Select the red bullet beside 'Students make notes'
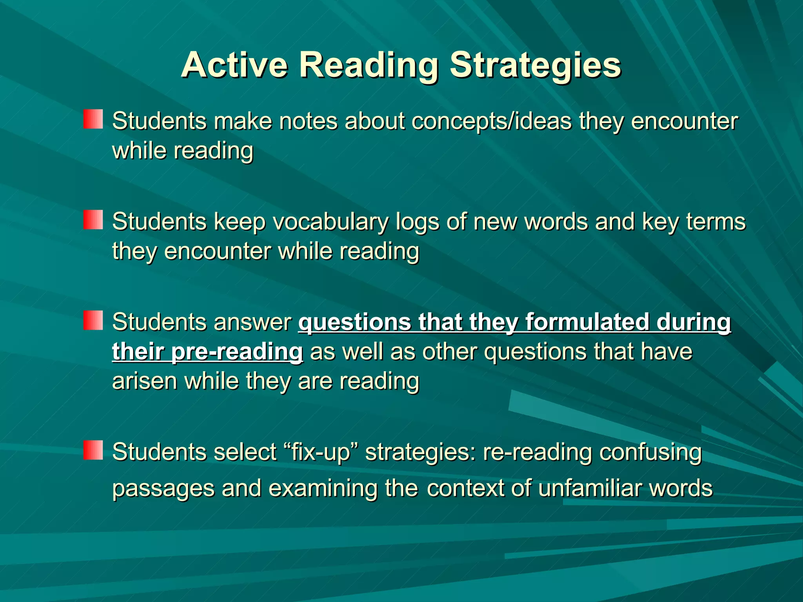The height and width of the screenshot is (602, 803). [x=93, y=119]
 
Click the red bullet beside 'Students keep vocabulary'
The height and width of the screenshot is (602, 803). [x=93, y=219]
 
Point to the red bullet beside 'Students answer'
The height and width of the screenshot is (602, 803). [x=93, y=320]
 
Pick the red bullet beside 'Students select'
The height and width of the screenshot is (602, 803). [x=93, y=450]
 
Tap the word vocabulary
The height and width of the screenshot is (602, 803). [x=331, y=222]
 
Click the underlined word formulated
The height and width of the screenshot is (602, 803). [x=587, y=322]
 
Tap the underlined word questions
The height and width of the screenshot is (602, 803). [x=354, y=322]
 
